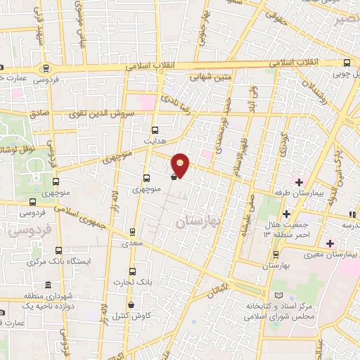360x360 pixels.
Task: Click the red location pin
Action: click(x=181, y=165)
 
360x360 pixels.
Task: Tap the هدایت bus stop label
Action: click(x=153, y=141)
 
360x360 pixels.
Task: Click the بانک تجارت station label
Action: click(x=131, y=283)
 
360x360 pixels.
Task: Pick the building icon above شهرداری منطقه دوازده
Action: click(x=47, y=285)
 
